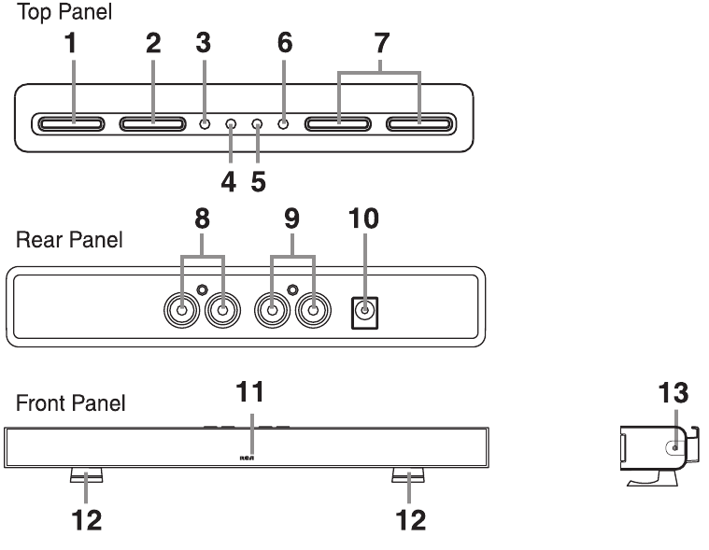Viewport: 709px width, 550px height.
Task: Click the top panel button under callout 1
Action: coord(71,123)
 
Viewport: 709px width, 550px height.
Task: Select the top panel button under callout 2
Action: coord(152,123)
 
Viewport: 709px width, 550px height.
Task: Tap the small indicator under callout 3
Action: coord(204,123)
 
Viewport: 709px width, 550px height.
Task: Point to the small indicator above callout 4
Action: coord(231,123)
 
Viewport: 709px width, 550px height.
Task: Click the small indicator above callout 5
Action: coord(257,123)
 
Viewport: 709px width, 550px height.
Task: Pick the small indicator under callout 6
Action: coord(283,123)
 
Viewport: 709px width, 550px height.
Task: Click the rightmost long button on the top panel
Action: coord(419,123)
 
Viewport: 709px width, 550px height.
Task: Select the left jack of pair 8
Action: coord(181,308)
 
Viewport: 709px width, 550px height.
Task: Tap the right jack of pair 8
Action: coord(223,308)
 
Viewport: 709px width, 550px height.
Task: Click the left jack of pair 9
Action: coord(272,308)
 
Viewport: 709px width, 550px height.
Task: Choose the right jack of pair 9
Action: coord(314,308)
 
